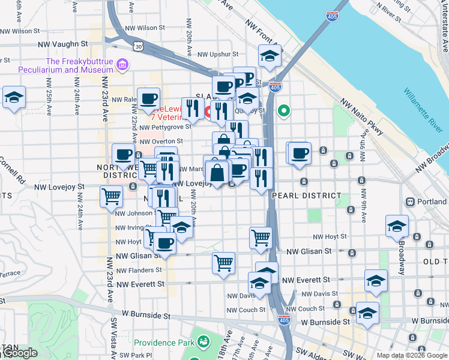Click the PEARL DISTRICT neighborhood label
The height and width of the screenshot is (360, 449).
pyautogui.click(x=306, y=196)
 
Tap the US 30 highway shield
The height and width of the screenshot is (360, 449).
pyautogui.click(x=139, y=47)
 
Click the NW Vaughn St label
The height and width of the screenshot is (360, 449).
pyautogui.click(x=62, y=44)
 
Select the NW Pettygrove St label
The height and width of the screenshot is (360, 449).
pyautogui.click(x=166, y=127)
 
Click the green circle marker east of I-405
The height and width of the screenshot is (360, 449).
pyautogui.click(x=283, y=110)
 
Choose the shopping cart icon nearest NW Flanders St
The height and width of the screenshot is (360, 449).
pyautogui.click(x=223, y=263)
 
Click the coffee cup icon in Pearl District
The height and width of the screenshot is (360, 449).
pyautogui.click(x=299, y=152)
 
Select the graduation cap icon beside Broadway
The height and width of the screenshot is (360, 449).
pyautogui.click(x=397, y=226)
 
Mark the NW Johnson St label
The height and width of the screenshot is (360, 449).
pyautogui.click(x=134, y=213)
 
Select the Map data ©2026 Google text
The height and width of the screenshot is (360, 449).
pyautogui.click(x=412, y=355)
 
